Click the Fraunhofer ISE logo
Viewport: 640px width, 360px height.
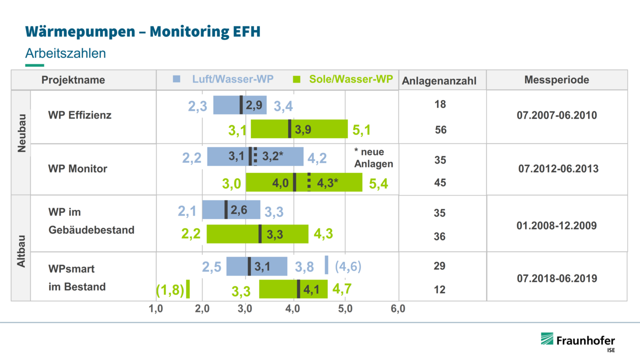coord(577,342)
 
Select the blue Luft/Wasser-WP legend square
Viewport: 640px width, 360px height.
coord(176,79)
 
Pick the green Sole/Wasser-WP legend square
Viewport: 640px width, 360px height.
coord(296,79)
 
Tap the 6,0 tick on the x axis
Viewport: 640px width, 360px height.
coord(397,309)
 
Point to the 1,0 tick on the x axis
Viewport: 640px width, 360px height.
coord(156,309)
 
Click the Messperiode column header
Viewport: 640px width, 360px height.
coord(556,79)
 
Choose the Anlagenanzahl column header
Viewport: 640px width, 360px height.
coord(439,80)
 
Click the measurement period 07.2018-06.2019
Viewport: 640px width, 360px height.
coord(556,278)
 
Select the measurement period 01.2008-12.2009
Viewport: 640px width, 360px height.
coord(556,225)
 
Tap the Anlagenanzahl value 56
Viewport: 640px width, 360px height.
coord(440,130)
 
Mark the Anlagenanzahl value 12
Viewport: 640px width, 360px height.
coord(439,289)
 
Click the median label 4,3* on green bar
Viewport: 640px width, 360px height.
coord(328,183)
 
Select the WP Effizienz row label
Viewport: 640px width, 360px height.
coord(79,115)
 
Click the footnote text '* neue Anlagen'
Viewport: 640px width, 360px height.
coord(373,157)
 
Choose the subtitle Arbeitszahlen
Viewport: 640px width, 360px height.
coord(65,53)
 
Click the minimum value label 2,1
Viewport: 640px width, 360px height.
coord(187,211)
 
